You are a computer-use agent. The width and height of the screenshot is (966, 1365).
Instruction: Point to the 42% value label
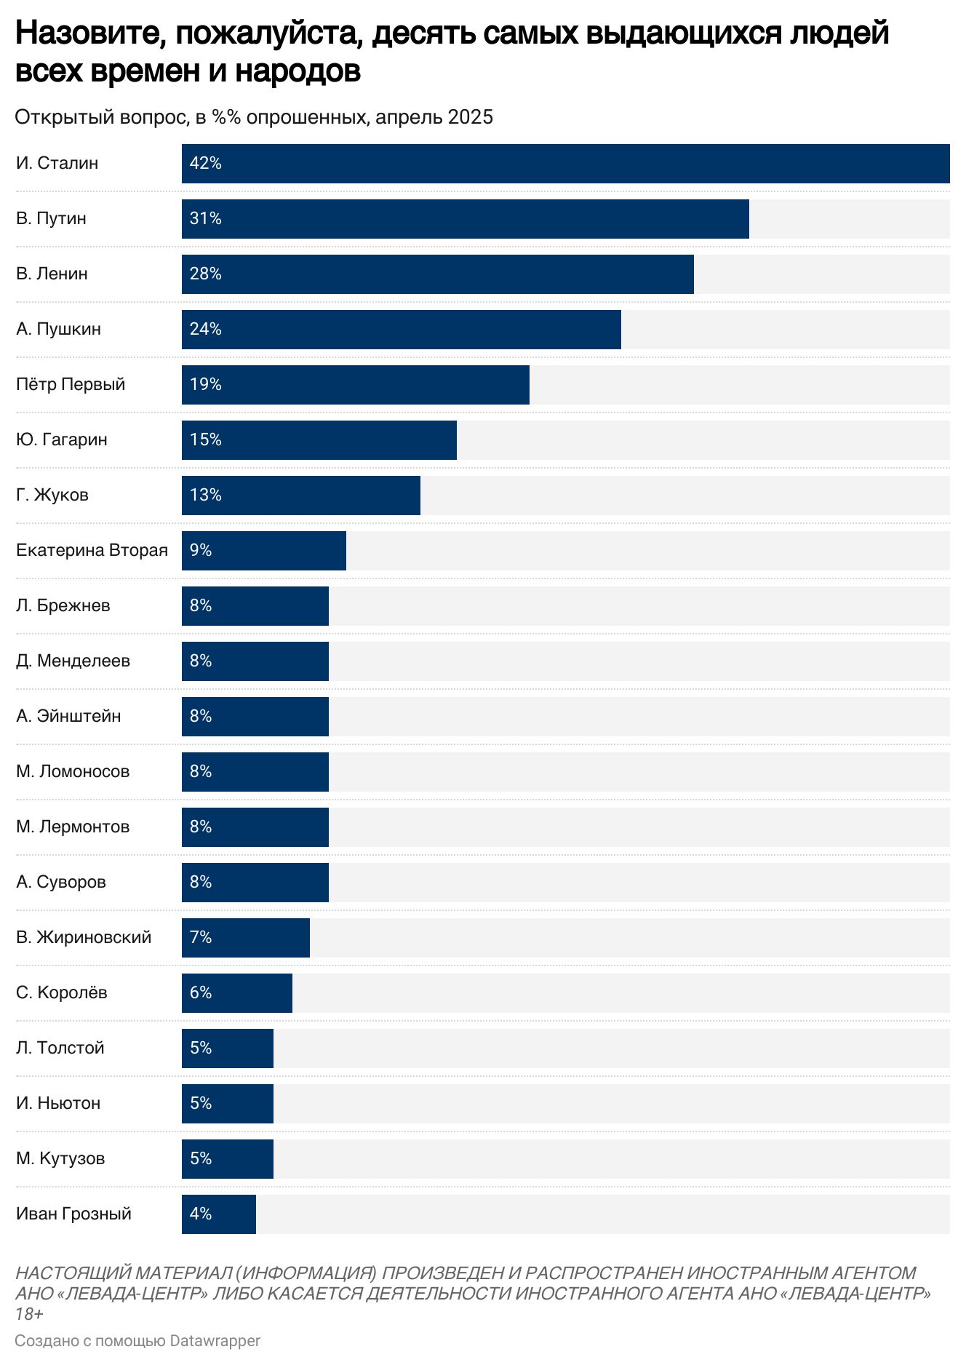pos(205,164)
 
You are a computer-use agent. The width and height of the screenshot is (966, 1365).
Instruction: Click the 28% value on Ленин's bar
pos(205,274)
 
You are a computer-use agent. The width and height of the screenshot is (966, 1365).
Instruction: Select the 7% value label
pos(201,938)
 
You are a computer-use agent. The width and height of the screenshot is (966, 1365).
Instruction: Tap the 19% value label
pos(205,385)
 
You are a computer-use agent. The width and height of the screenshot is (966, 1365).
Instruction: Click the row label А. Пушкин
pos(58,330)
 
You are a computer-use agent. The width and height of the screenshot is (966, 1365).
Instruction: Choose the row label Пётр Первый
pos(71,385)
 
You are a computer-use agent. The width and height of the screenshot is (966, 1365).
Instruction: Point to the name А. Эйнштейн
pos(68,717)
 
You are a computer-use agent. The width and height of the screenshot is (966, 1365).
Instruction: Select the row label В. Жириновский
pos(84,938)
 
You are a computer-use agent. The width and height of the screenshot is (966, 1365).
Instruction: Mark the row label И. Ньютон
pos(58,1104)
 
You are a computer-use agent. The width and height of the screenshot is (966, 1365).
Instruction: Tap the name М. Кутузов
pos(60,1159)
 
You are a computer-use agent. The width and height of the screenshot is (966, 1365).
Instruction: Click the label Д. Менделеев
pos(73,661)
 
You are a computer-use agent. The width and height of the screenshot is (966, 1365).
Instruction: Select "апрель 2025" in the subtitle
pos(434,117)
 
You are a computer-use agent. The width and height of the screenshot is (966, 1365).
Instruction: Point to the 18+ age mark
pos(29,1314)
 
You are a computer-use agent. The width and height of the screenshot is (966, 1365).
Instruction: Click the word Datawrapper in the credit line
pos(215,1340)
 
